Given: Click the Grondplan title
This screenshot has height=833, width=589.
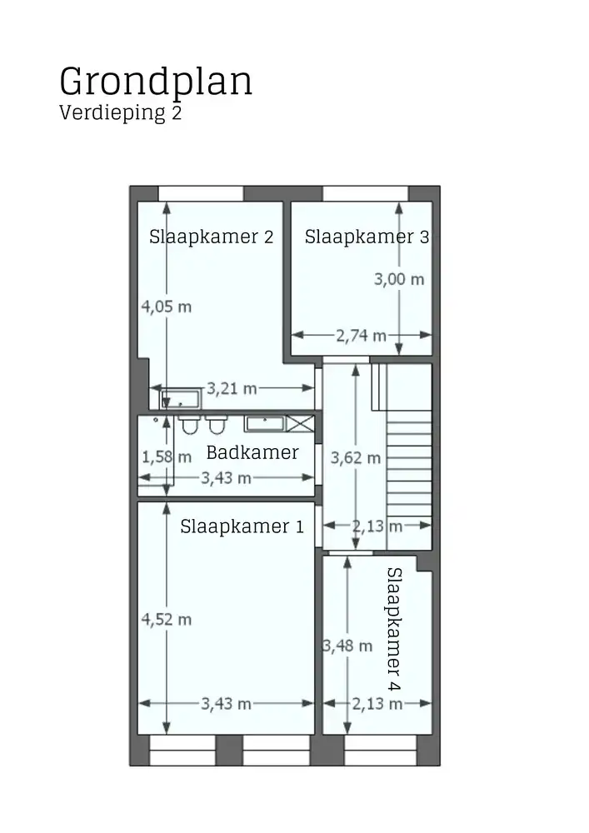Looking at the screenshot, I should [x=156, y=82].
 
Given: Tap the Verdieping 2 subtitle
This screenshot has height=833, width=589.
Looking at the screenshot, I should [x=120, y=113].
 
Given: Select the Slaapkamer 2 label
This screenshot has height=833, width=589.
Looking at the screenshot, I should [x=211, y=237].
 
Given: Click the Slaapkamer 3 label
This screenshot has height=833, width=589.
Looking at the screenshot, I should [x=367, y=237].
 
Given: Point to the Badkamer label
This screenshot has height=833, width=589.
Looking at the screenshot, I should [x=252, y=453].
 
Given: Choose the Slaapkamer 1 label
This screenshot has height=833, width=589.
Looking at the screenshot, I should [x=242, y=526].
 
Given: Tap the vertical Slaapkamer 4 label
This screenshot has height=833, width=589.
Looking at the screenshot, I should [x=394, y=629].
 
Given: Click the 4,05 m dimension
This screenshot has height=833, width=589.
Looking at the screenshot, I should [x=167, y=307].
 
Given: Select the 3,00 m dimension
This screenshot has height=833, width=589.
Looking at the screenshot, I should [x=398, y=279].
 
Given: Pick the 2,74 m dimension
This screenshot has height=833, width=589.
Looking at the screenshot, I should [x=361, y=336].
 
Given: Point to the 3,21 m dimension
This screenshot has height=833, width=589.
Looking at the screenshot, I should [x=232, y=388].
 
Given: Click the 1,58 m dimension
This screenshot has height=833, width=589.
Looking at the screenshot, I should [x=167, y=456].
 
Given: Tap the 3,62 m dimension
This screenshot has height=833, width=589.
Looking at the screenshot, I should [x=356, y=457].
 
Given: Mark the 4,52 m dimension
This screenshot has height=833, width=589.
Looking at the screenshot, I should [x=167, y=619].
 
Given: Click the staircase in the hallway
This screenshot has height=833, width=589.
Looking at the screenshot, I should [x=409, y=466].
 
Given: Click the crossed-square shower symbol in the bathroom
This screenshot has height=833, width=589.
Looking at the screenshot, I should [x=301, y=423].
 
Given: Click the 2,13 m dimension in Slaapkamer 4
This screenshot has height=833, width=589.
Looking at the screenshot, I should [x=377, y=704].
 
